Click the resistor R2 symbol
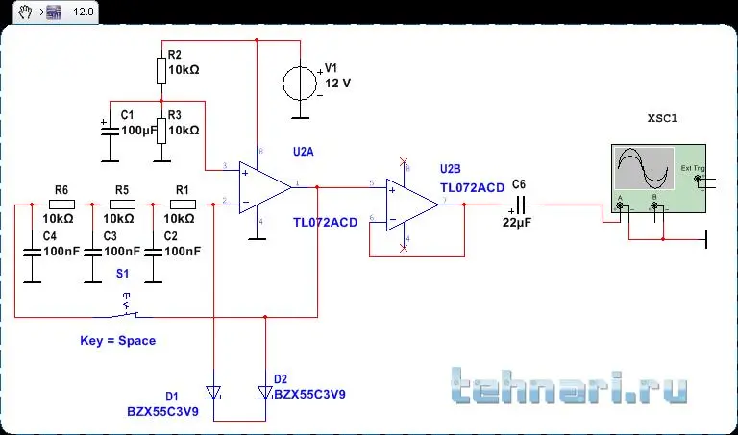(x=161, y=71)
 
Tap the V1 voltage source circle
(x=301, y=83)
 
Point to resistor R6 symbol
(x=61, y=204)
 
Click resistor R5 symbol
(x=121, y=204)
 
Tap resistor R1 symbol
(x=183, y=204)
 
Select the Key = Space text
(x=117, y=340)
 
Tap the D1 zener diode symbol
(x=214, y=392)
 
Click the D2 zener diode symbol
(x=264, y=392)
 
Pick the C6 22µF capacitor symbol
(x=520, y=204)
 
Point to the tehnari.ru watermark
(x=569, y=386)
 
